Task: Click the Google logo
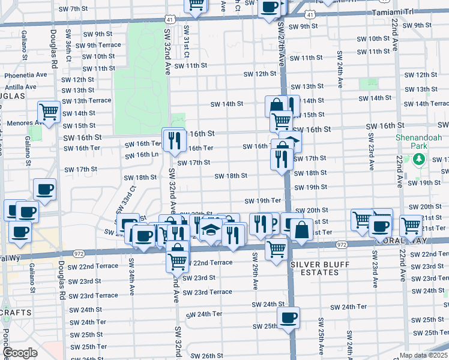click(x=20, y=353)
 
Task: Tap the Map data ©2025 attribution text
click(x=424, y=355)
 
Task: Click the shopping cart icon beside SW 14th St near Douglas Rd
click(x=49, y=111)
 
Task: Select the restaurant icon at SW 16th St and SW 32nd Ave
click(x=173, y=140)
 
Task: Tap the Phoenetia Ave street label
click(x=26, y=75)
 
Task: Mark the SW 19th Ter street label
click(x=263, y=200)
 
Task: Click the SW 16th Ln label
click(x=142, y=155)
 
